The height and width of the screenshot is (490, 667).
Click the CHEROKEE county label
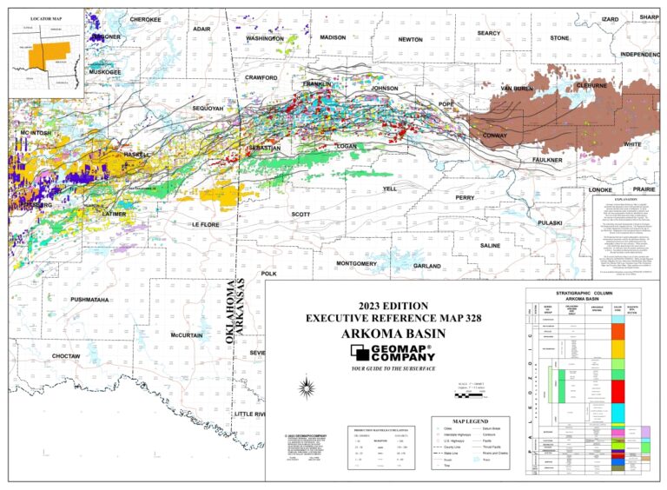pyautogui.click(x=145, y=19)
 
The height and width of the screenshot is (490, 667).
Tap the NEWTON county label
pyautogui.click(x=411, y=40)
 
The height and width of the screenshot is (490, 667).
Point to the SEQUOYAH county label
pyautogui.click(x=208, y=109)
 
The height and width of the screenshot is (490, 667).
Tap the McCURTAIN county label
pyautogui.click(x=187, y=335)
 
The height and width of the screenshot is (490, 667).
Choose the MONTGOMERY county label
pyautogui.click(x=356, y=263)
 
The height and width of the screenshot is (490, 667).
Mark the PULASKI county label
pyautogui.click(x=550, y=223)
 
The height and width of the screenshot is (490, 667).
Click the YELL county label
pyautogui.click(x=389, y=189)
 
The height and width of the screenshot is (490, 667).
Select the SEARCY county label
pyautogui.click(x=489, y=33)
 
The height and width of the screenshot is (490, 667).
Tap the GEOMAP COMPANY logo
pyautogui.click(x=393, y=352)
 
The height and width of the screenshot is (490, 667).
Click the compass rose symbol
pyautogui.click(x=306, y=386)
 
